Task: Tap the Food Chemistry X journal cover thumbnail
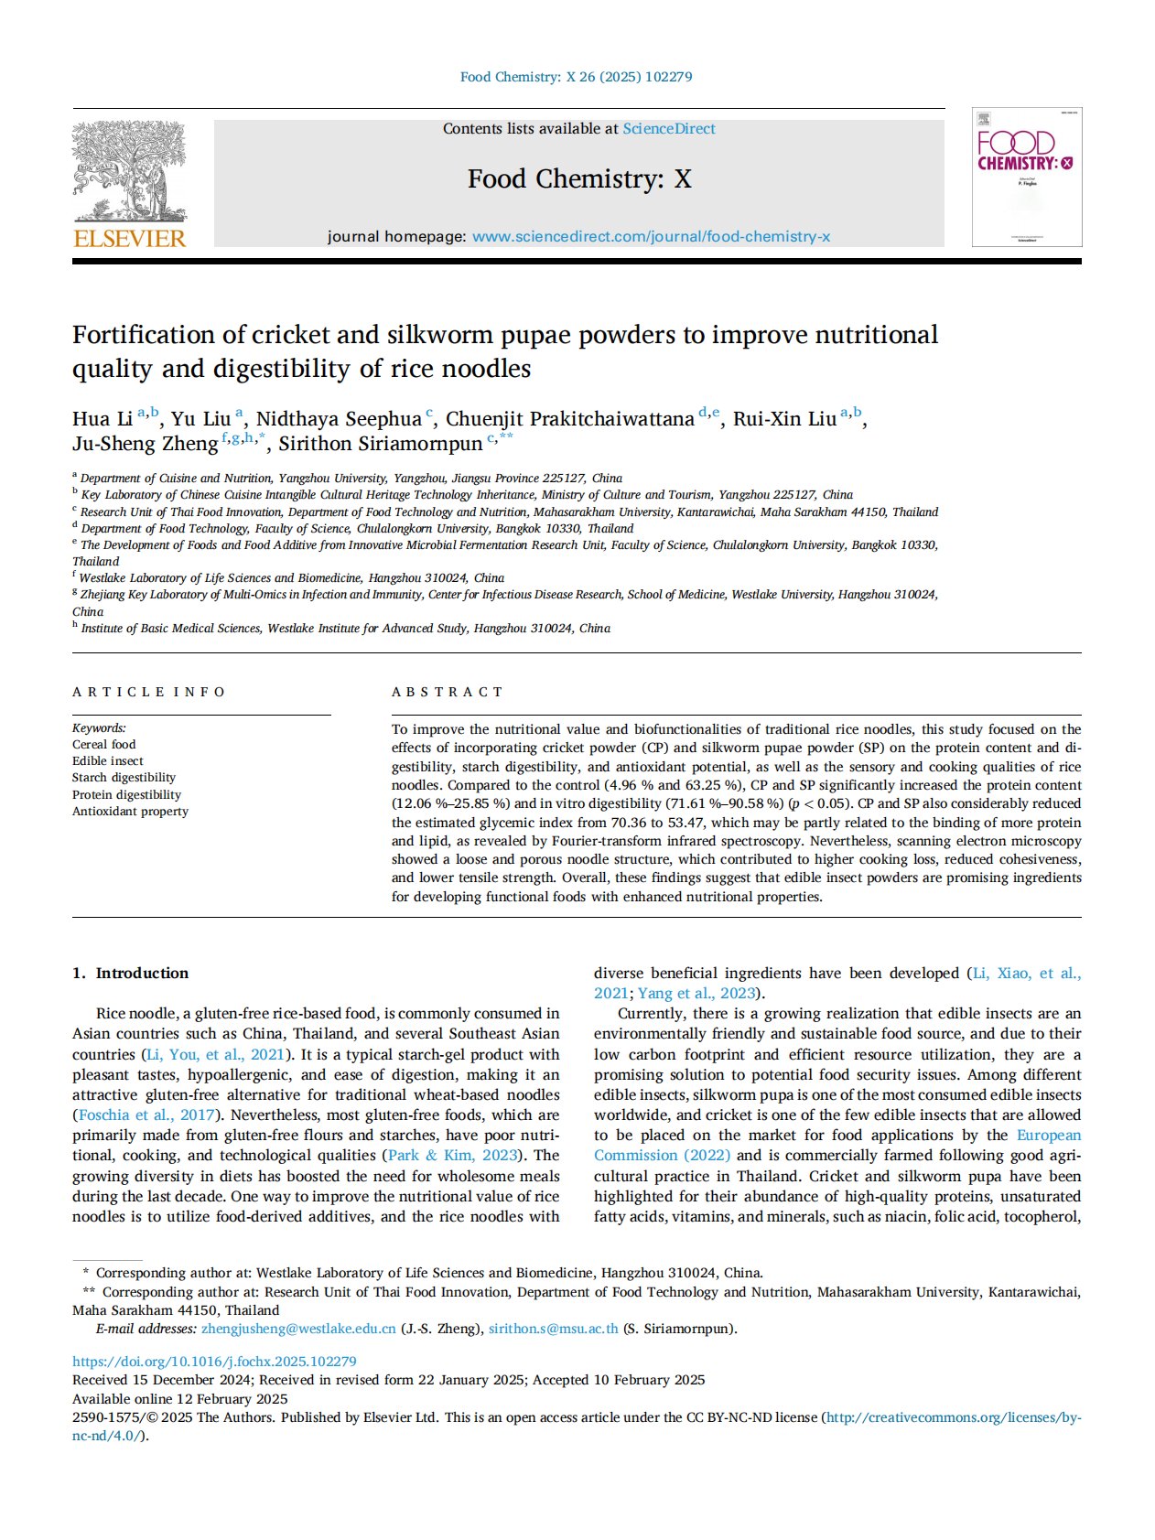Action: pos(1026,177)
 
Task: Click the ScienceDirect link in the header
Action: pos(668,129)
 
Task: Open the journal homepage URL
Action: pos(651,237)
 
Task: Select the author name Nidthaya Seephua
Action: pos(339,419)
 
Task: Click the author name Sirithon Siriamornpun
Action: pos(380,444)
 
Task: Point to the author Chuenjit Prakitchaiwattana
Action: pos(569,419)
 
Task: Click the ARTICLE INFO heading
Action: pos(148,692)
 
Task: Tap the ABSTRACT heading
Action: pos(447,692)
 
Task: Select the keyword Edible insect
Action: pos(108,761)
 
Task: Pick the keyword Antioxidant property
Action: pos(130,812)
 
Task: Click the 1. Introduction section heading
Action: pos(130,974)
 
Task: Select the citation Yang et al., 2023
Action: pos(697,994)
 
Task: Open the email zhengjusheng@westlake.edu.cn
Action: pos(298,1329)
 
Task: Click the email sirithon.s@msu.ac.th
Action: pos(553,1329)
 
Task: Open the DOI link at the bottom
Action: pos(214,1362)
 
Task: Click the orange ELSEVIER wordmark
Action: pos(129,239)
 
